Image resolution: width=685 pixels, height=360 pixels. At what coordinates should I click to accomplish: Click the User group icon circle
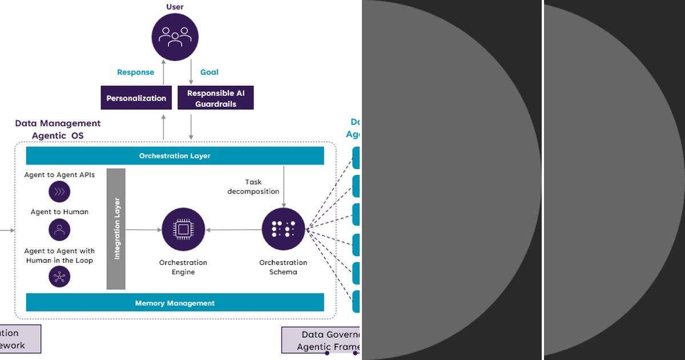[174, 37]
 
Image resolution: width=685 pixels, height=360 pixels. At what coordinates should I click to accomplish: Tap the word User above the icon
[174, 7]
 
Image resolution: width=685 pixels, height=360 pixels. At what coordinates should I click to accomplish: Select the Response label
[135, 72]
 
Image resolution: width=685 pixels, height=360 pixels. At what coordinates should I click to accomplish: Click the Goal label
[209, 72]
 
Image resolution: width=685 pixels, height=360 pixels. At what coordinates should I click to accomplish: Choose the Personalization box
[136, 98]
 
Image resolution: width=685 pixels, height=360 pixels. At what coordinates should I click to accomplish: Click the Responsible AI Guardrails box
[215, 98]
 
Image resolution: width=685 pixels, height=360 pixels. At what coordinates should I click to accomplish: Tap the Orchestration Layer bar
[175, 155]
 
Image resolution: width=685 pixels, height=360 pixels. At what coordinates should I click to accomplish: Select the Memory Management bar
[175, 303]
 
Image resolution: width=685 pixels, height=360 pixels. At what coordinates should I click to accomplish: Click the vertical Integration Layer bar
[116, 229]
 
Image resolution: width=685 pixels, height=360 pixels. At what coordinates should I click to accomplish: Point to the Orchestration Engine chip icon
[183, 230]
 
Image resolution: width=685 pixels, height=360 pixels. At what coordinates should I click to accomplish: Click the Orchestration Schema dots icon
[283, 230]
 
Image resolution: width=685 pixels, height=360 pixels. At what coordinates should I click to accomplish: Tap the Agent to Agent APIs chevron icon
[59, 192]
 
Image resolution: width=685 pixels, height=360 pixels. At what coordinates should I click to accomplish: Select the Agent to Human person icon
[59, 230]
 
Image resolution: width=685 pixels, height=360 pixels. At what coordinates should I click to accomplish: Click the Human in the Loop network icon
[59, 277]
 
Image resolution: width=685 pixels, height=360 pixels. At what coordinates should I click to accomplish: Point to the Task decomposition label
[253, 187]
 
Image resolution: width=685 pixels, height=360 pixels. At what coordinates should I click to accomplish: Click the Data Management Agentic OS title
[58, 129]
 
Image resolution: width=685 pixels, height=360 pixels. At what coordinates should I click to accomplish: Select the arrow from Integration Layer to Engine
[143, 230]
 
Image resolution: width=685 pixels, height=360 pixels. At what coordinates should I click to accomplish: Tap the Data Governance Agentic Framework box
[321, 340]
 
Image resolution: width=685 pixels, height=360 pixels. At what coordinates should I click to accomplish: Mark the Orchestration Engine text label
[183, 267]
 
